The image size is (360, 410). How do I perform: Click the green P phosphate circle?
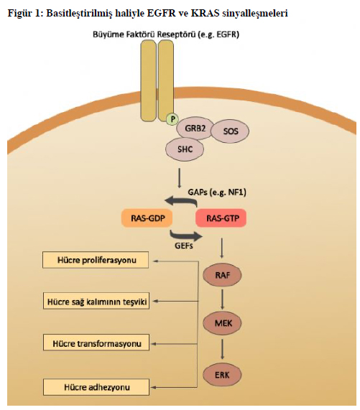[x=172, y=119]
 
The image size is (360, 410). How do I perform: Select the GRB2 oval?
[x=195, y=128]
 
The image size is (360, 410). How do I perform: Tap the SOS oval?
[x=230, y=131]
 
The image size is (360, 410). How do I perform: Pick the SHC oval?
[x=185, y=149]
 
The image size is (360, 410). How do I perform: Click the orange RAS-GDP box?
[x=147, y=218]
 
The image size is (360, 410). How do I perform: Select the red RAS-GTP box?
[x=221, y=218]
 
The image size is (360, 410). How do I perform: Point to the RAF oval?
[x=222, y=275]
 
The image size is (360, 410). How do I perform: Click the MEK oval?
[x=222, y=323]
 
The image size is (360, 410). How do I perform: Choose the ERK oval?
[x=222, y=375]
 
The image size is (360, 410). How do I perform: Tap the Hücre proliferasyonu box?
[x=96, y=260]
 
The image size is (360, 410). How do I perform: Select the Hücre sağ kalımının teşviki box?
[x=96, y=301]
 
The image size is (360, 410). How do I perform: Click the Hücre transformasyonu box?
[x=96, y=343]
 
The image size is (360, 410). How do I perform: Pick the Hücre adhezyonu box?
[x=96, y=387]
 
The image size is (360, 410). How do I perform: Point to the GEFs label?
[x=184, y=246]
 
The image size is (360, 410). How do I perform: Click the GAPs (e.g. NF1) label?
[x=217, y=192]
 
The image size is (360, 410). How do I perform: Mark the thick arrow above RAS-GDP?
[x=183, y=200]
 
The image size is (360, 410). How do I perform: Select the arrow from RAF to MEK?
[x=222, y=299]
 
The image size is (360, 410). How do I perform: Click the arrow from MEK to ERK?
[x=222, y=350]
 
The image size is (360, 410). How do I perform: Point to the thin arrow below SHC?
[x=179, y=178]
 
